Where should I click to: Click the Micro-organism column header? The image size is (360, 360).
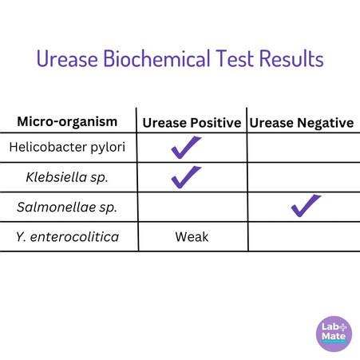coord(67,122)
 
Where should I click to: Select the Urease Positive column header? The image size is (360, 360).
coord(192,123)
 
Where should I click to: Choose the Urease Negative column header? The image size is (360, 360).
coord(302,123)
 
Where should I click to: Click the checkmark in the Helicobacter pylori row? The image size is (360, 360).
coord(185,147)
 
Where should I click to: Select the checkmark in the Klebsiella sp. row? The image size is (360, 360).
coord(185,176)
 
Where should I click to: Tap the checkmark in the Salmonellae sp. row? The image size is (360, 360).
coord(305,205)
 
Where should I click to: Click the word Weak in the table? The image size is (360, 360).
coord(192,237)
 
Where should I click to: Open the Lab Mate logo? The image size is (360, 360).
coord(333,333)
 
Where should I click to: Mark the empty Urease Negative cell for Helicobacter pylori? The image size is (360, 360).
coord(302,148)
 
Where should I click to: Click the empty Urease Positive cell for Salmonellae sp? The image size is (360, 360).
coord(192,208)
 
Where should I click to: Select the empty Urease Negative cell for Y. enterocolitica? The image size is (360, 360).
coord(302,237)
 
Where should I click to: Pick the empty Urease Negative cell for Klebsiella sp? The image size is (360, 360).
coord(302,177)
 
